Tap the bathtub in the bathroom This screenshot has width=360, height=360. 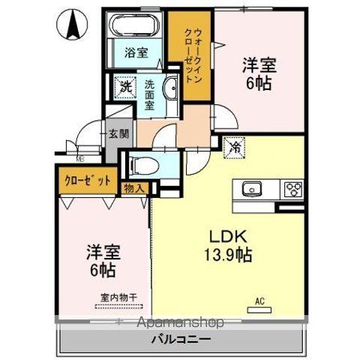tap(136, 28)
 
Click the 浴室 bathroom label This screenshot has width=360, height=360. tap(136, 53)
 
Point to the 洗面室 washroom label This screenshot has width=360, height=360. tap(150, 94)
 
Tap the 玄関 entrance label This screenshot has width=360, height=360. tap(118, 135)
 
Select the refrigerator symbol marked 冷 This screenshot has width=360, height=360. tap(235, 147)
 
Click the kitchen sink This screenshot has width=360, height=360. tap(249, 188)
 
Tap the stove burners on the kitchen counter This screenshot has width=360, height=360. tap(291, 188)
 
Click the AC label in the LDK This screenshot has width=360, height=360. tap(260, 301)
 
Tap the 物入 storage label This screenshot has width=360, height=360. tap(134, 188)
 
